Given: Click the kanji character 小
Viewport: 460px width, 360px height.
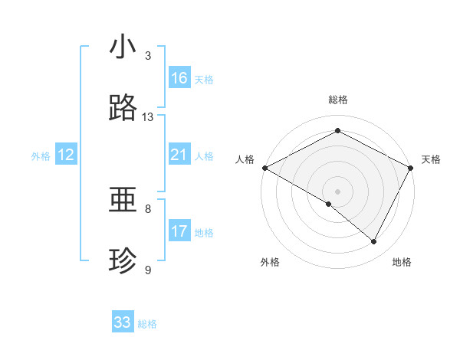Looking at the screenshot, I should (x=123, y=47).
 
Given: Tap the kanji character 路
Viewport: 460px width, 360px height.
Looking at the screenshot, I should (x=123, y=110).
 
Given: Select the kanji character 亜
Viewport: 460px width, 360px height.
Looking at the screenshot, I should (x=123, y=201).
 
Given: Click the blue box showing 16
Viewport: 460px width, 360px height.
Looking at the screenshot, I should (x=179, y=78).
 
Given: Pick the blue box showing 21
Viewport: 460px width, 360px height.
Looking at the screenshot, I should (x=179, y=155).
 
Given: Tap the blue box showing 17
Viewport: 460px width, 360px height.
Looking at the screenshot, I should (x=179, y=231).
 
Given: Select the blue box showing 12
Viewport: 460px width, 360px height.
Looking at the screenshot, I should (x=66, y=155).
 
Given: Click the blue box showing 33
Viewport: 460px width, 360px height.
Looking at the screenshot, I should (x=123, y=322).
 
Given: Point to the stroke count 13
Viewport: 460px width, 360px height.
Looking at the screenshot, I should (x=148, y=117).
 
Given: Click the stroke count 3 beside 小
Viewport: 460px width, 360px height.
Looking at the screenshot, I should (x=148, y=56).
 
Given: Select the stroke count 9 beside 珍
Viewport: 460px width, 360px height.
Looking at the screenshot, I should (x=148, y=270).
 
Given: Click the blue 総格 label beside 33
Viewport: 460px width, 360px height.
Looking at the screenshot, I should (x=148, y=324).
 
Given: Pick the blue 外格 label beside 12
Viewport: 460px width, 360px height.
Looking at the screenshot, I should (x=41, y=156).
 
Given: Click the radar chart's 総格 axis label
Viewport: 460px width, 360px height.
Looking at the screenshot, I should (x=337, y=100).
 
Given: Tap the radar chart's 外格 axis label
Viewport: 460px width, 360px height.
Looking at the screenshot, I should (x=270, y=262).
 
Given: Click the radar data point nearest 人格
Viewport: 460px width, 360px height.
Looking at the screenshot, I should (x=264, y=168).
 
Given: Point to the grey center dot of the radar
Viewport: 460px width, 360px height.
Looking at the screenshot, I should (x=337, y=191).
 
